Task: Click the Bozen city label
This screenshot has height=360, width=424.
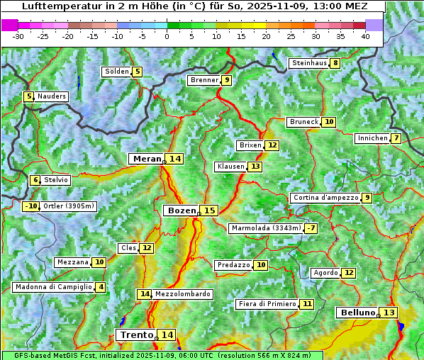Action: (181, 210)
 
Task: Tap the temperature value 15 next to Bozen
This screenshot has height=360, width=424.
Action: (209, 210)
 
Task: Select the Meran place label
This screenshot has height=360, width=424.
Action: (147, 159)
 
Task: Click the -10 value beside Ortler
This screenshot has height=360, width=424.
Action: (30, 206)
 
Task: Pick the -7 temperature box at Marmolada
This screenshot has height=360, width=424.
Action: (311, 228)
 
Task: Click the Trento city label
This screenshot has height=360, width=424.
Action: (136, 334)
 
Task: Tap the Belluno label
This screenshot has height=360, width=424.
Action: (357, 313)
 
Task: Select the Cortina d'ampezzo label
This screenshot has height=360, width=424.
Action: (325, 198)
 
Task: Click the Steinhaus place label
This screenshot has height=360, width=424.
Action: (309, 63)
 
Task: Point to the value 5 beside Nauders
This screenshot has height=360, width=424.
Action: (29, 96)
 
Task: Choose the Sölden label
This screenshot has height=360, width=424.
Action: (117, 72)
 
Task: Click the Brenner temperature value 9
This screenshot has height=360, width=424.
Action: (226, 80)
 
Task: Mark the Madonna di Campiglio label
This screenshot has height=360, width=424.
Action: (52, 287)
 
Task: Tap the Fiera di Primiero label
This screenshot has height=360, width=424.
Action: (267, 304)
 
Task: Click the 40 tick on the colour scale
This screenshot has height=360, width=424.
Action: (365, 35)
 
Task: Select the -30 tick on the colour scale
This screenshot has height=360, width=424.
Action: (18, 35)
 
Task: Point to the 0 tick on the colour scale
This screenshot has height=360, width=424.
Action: (167, 35)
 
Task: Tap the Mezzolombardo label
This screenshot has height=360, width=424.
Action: (182, 294)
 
